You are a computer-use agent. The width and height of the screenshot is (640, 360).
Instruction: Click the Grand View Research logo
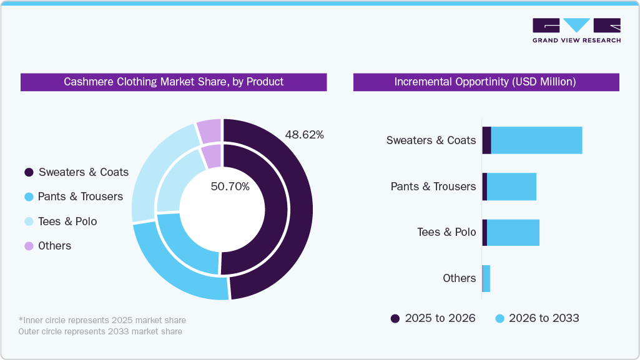576,30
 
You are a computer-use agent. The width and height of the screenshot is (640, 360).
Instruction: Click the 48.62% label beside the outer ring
304,135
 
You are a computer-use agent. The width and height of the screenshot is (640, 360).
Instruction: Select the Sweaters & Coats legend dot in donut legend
29,172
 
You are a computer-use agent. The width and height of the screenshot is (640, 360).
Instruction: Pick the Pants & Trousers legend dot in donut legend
29,197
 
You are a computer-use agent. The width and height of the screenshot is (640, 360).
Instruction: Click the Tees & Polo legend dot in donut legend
29,221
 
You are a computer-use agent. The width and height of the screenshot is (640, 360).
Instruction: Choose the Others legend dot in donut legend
29,246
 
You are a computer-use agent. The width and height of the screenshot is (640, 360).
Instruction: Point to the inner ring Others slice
212,156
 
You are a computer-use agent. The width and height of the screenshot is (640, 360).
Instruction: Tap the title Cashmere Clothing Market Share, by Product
174,82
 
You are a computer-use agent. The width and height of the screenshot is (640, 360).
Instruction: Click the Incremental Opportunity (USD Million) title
485,82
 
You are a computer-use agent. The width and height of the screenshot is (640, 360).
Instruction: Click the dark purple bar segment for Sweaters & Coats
486,140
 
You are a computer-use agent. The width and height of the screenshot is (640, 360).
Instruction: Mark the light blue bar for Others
486,278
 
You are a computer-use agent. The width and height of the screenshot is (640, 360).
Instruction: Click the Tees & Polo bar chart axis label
446,232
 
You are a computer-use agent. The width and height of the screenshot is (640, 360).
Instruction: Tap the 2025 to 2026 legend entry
433,318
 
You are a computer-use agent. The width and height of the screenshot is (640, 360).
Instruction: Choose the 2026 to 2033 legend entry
537,318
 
